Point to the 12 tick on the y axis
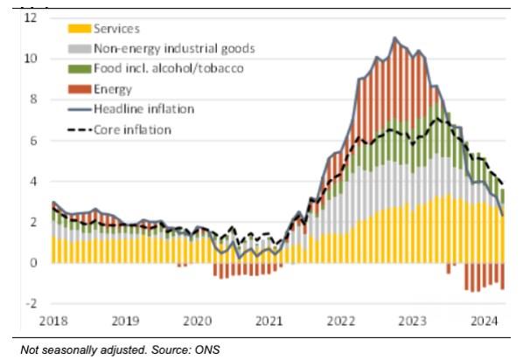[x=31, y=17]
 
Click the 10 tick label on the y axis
[x=31, y=59]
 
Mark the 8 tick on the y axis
[x=34, y=100]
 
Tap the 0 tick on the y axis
[x=34, y=263]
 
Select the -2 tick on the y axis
[x=31, y=303]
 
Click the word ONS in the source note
[x=206, y=350]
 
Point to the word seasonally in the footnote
[x=69, y=350]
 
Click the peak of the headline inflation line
[x=395, y=38]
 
